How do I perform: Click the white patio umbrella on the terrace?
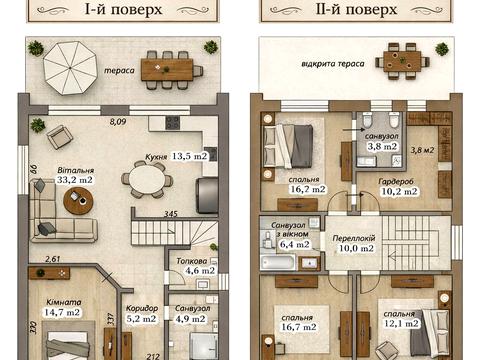click(x=70, y=68)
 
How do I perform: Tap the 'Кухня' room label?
click(x=156, y=157)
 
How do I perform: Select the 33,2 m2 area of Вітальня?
click(x=75, y=180)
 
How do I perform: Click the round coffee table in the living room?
click(x=78, y=200)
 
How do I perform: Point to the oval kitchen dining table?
click(x=147, y=180)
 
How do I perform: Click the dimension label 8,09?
click(x=118, y=122)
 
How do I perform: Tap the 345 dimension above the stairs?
click(x=171, y=214)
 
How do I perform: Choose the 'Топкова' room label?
click(x=192, y=261)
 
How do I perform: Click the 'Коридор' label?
click(x=142, y=308)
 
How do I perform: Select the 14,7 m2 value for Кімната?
click(x=62, y=312)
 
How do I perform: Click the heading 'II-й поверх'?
click(x=356, y=9)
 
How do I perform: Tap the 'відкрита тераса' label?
click(x=333, y=64)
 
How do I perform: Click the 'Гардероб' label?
click(x=396, y=182)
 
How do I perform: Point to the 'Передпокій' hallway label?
click(x=354, y=238)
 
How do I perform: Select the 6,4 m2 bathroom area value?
click(x=295, y=244)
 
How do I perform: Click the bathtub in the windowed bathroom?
click(x=278, y=262)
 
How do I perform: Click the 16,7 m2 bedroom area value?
click(x=299, y=327)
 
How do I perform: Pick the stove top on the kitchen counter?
click(x=172, y=123)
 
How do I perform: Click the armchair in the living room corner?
click(x=60, y=137)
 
